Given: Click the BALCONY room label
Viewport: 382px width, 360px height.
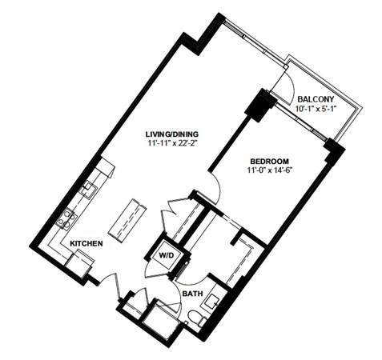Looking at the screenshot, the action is pos(316,99).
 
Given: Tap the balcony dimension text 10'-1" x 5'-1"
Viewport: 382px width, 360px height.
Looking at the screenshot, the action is pos(315,109).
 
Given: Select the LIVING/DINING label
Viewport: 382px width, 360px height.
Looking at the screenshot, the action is pos(172,134).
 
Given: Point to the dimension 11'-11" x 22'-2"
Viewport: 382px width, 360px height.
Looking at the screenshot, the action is pos(172,143).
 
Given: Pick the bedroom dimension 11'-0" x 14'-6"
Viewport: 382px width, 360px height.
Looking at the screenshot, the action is pos(268,170).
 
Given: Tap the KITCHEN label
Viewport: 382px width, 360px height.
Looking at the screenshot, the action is pos(86,243).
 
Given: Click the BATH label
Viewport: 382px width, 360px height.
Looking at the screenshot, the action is pos(192,294).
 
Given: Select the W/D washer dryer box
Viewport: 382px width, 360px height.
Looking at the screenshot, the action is pos(167,255).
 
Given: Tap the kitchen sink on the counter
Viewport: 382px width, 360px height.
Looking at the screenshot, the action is pos(90,189).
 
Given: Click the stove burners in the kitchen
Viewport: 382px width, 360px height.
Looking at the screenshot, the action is pos(66,218).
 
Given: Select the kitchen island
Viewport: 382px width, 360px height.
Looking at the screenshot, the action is pos(127,220).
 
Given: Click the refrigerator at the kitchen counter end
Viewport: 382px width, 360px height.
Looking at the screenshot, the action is pos(79,263).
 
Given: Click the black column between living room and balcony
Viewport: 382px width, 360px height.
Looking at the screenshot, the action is pos(259,105).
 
